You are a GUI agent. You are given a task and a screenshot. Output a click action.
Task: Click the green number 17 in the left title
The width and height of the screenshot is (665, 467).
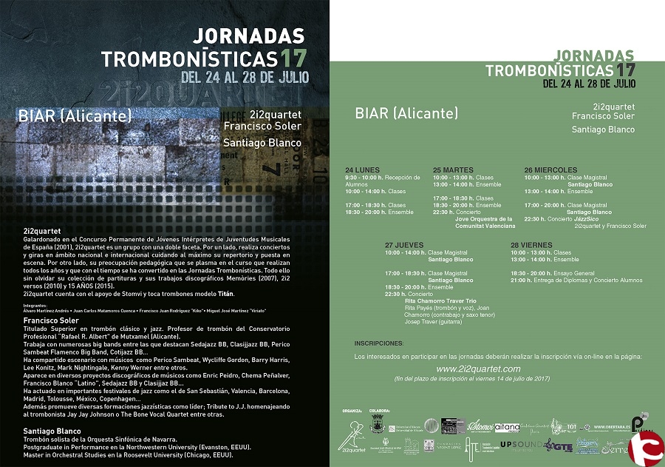[293, 58]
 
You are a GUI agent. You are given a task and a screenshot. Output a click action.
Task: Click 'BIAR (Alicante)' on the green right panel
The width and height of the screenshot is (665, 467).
[406, 113]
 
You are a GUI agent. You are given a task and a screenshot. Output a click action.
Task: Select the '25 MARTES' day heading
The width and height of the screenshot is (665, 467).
[452, 169]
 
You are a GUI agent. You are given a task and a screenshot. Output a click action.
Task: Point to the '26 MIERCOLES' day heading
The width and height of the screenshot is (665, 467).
[550, 169]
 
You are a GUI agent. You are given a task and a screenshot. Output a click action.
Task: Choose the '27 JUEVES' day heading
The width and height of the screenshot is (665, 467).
[403, 244]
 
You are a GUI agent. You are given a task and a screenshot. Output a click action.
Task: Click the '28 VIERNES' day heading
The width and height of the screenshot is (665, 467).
[531, 244]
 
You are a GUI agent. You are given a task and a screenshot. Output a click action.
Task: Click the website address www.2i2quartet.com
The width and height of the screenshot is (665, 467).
[478, 369]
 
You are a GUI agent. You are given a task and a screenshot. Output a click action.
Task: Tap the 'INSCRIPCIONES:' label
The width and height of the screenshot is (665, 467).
[379, 343]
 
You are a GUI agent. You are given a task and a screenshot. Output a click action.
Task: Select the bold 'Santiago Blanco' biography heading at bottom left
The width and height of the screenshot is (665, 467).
[52, 430]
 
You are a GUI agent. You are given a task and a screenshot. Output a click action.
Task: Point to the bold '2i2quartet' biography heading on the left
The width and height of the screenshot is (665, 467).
[42, 231]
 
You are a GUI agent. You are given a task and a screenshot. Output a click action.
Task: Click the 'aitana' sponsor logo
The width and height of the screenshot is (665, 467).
[507, 427]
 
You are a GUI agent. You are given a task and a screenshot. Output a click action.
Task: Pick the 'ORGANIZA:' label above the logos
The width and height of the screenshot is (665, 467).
[352, 410]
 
